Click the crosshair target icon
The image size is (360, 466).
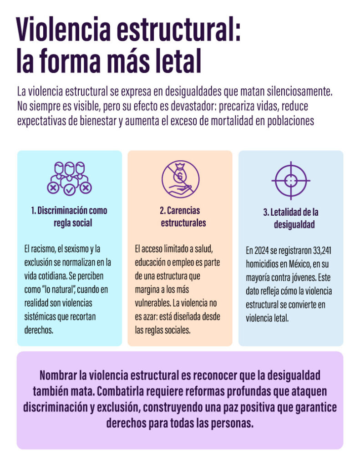[291, 181]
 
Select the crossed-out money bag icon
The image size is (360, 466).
[180, 178]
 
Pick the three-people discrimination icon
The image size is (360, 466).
[69, 177]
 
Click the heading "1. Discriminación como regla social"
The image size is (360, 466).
[69, 217]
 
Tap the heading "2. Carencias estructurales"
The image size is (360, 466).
[180, 217]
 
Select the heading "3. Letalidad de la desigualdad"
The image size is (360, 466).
[291, 218]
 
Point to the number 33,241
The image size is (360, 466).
[322, 251]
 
